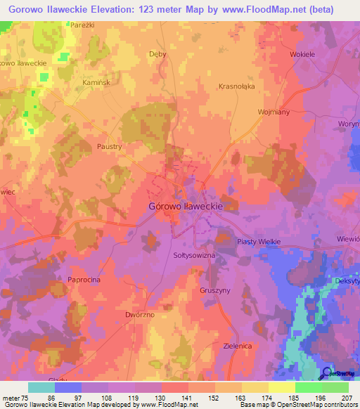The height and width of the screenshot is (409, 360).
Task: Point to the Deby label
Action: coord(158,53)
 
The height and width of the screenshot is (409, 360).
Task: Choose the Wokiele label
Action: coord(303,53)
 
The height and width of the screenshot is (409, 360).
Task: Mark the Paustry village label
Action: coord(110,148)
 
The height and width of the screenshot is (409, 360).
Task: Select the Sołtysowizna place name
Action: coord(194,256)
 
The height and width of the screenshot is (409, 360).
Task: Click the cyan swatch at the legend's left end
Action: coord(41,387)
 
